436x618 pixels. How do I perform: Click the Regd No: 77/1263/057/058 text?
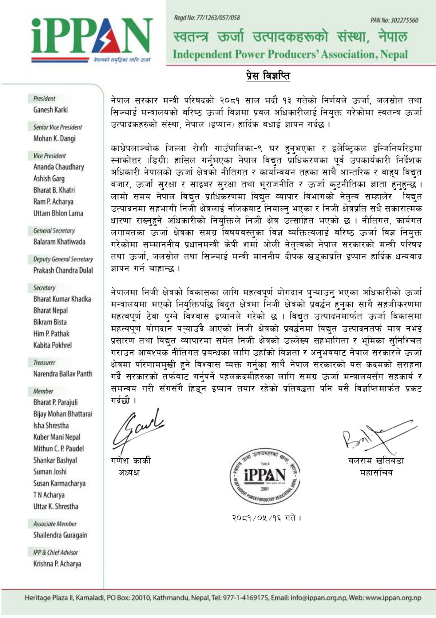click(x=207, y=18)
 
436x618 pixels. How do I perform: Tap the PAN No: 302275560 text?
click(x=394, y=20)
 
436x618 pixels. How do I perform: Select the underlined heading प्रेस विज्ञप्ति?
click(x=268, y=75)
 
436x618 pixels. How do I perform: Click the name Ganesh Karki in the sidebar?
click(x=51, y=110)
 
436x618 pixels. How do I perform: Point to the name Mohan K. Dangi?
click(x=54, y=138)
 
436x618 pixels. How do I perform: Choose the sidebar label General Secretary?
click(x=54, y=231)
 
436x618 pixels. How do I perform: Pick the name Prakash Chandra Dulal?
click(x=63, y=270)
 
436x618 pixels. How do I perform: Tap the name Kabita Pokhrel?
click(x=52, y=345)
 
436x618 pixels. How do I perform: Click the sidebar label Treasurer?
click(x=44, y=362)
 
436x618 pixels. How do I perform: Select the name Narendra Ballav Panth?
click(x=63, y=374)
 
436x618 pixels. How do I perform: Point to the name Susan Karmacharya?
click(x=59, y=483)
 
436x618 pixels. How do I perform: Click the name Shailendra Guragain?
click(x=60, y=535)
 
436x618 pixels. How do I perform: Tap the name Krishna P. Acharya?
click(x=57, y=564)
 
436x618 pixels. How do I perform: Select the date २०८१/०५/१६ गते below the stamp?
click(x=266, y=518)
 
